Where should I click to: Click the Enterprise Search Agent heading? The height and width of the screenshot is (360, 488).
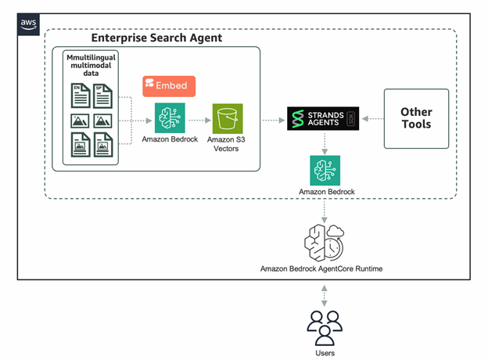click(x=156, y=38)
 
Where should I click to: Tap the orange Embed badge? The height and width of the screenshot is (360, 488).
click(x=168, y=86)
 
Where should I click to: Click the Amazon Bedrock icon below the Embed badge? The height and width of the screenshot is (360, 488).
click(x=168, y=119)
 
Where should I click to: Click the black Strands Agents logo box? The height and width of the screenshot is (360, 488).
click(x=323, y=119)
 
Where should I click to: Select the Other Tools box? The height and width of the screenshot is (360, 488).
click(x=416, y=118)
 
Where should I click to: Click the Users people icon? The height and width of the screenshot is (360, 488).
click(x=323, y=326)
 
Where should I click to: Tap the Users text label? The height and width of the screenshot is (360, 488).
click(x=323, y=352)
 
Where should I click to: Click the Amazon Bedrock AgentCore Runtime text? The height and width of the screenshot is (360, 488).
click(x=323, y=268)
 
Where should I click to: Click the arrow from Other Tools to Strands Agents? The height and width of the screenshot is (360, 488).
click(x=371, y=120)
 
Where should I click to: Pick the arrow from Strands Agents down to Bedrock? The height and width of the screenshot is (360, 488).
click(x=323, y=142)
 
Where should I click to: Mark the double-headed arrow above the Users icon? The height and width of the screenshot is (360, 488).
click(x=323, y=296)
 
